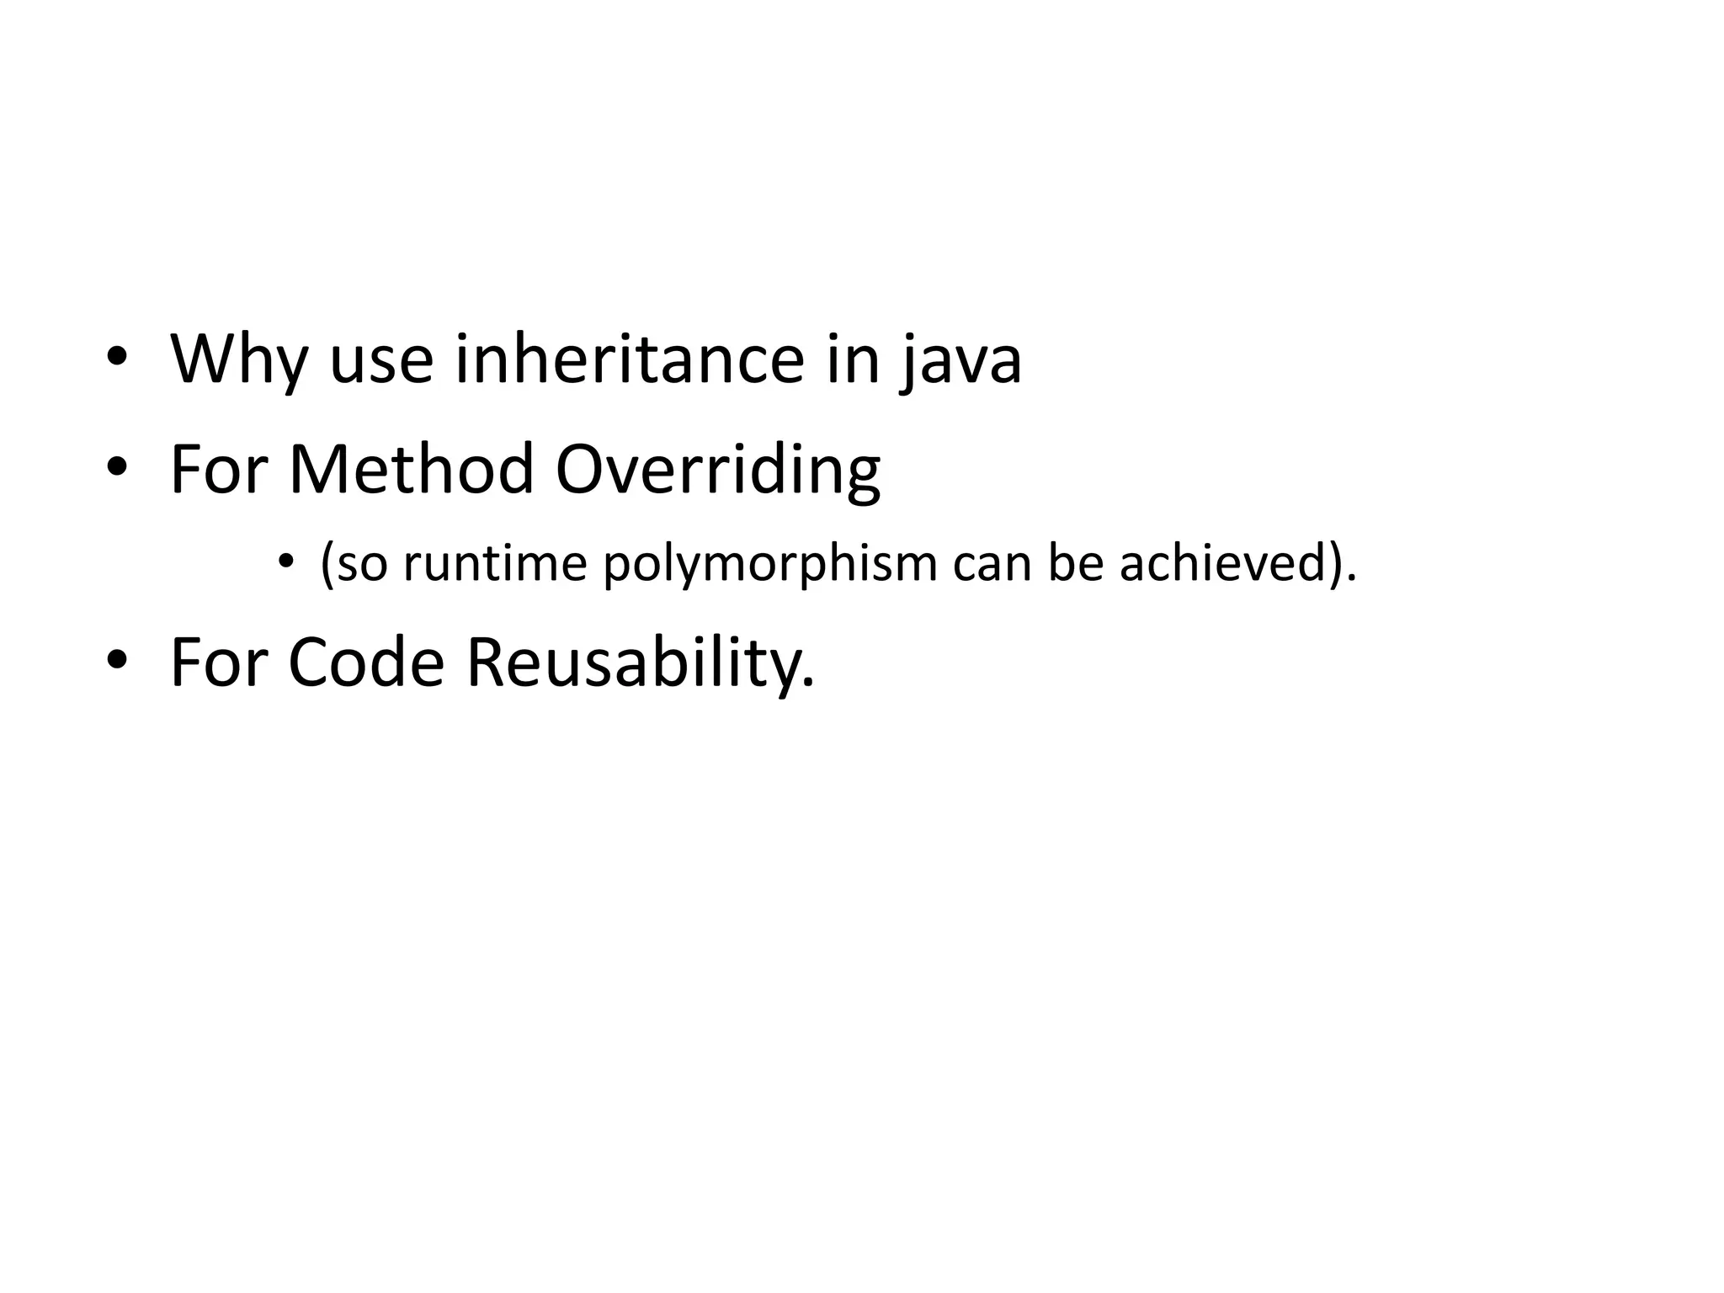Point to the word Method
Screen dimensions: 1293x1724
coord(412,469)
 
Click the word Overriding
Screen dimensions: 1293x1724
coord(718,471)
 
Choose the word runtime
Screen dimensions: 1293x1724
coord(494,563)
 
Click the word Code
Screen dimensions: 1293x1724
coord(365,662)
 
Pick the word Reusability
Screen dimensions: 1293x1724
coord(640,664)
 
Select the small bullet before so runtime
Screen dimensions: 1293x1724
coord(286,561)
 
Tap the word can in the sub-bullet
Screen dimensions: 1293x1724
coord(992,563)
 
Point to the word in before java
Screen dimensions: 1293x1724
coord(852,359)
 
